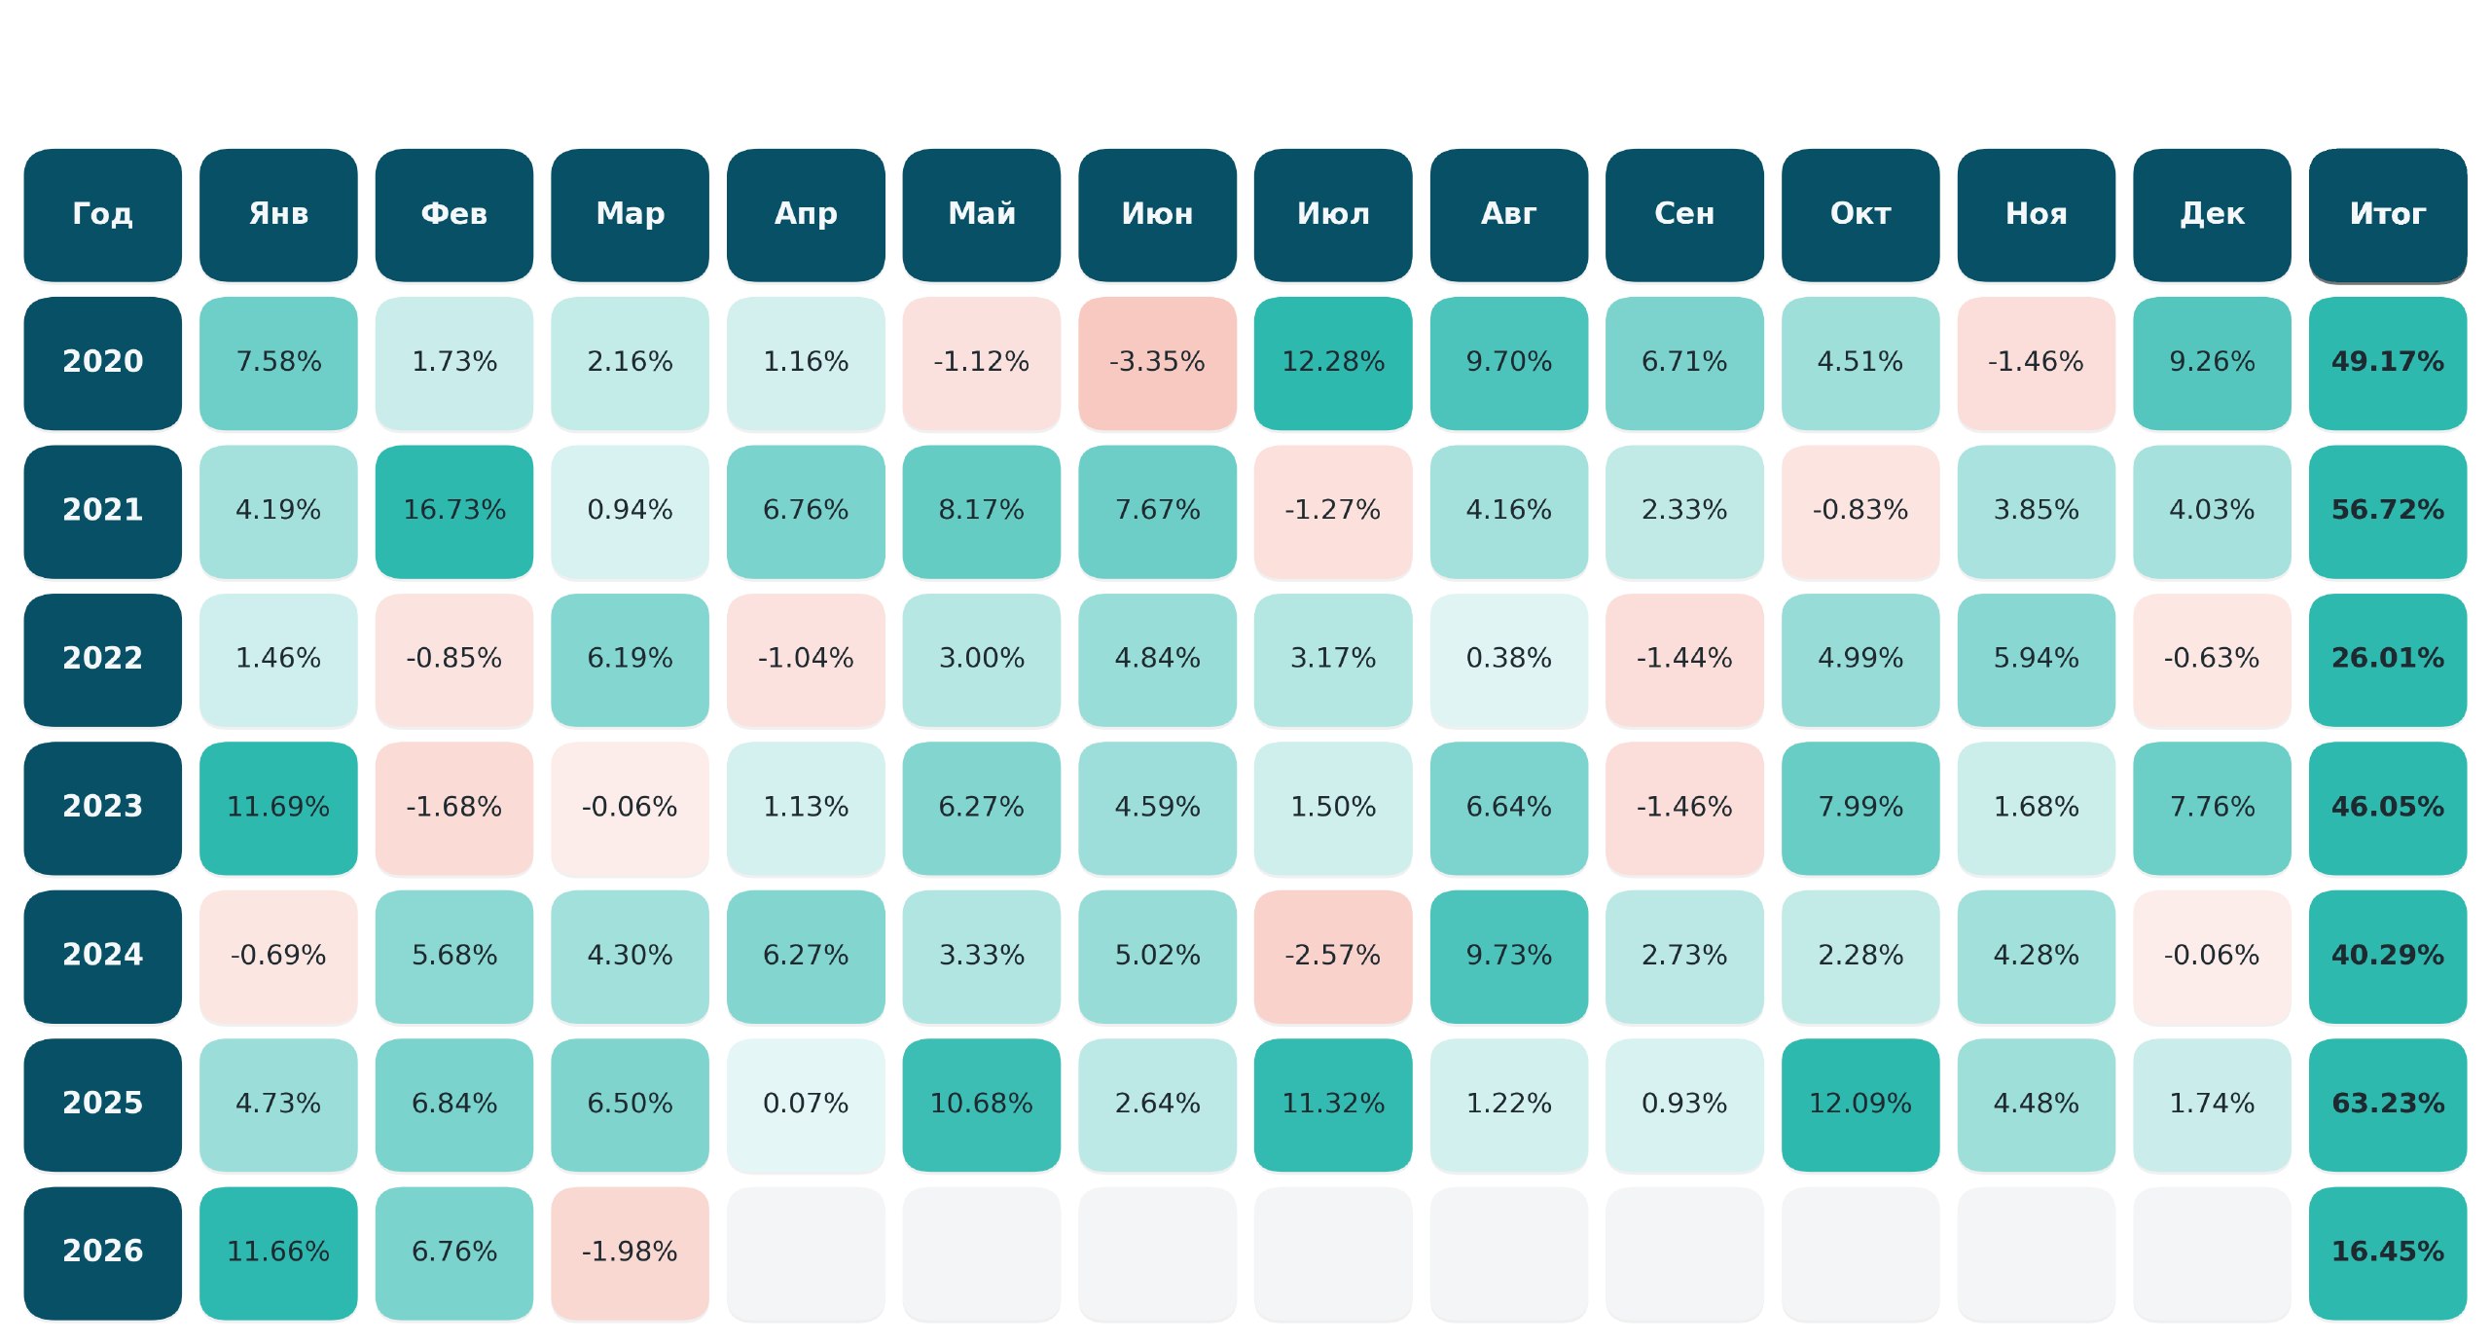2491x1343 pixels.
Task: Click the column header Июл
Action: point(1332,215)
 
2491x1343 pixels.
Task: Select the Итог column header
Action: point(2387,215)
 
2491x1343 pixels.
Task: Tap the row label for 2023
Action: point(102,808)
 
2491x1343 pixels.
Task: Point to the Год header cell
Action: point(102,215)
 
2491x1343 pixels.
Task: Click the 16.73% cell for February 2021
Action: point(454,512)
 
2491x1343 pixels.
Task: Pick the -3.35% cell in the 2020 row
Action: point(1157,363)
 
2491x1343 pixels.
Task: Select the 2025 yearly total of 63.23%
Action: point(2387,1105)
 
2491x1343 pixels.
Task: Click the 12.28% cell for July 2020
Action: point(1332,363)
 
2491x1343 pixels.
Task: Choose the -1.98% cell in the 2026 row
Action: point(630,1252)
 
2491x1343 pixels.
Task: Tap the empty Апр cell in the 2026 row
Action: point(806,1252)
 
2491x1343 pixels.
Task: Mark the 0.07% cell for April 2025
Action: point(806,1105)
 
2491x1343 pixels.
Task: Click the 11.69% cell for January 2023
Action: point(278,808)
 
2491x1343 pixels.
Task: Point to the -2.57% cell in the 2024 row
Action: point(1332,957)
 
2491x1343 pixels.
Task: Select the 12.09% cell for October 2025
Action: point(1859,1105)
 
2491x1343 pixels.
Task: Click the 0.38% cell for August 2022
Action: point(1508,660)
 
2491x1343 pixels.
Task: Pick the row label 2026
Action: point(102,1252)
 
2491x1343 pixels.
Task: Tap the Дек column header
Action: point(2212,215)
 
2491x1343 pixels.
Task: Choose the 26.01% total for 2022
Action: point(2387,660)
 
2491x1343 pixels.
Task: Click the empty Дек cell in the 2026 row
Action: point(2212,1252)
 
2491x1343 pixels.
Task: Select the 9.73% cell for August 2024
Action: point(1508,957)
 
